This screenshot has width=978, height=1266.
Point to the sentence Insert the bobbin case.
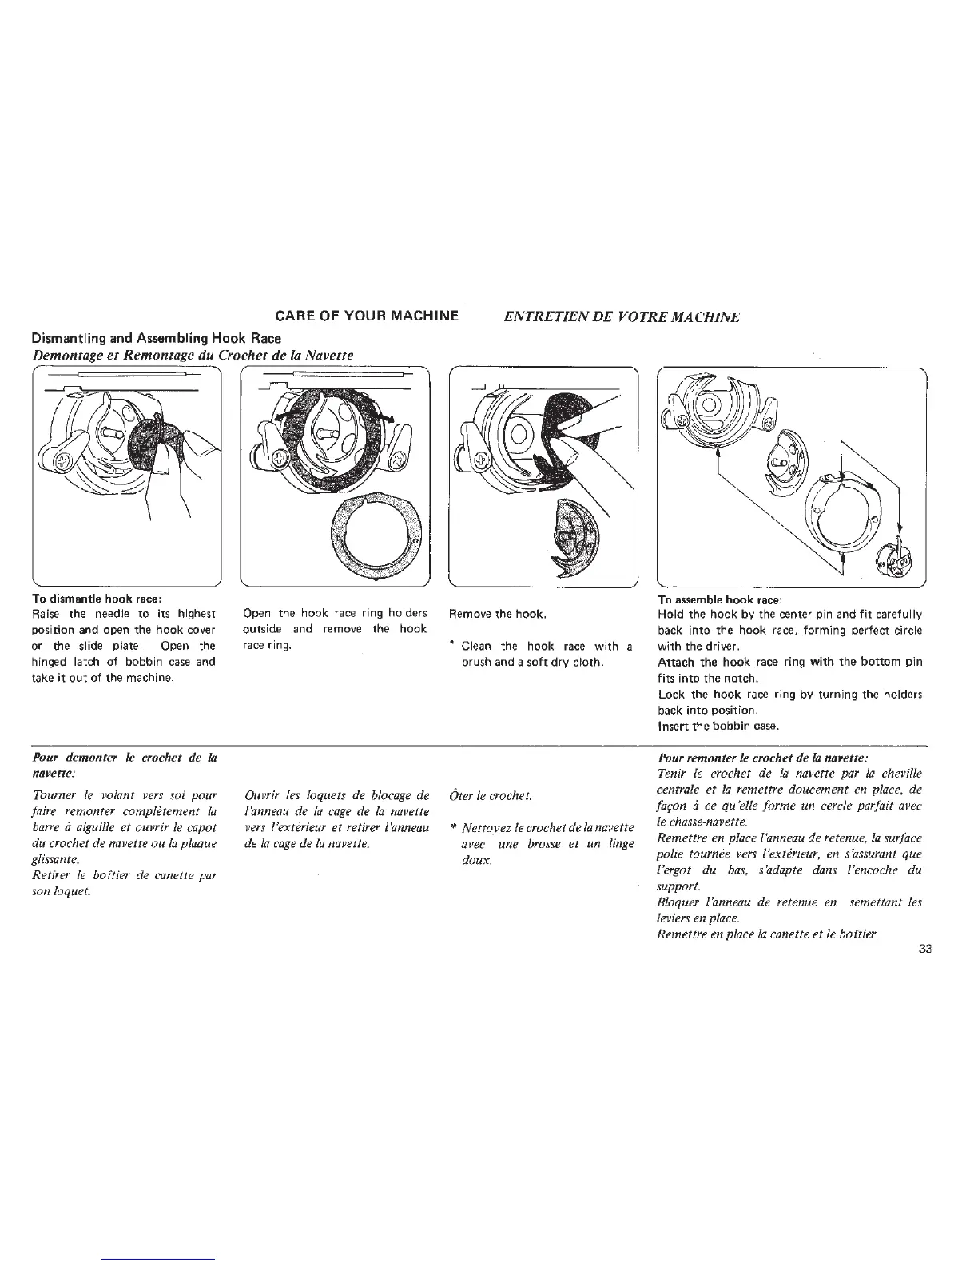point(718,726)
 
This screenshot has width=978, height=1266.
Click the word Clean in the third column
point(476,646)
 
